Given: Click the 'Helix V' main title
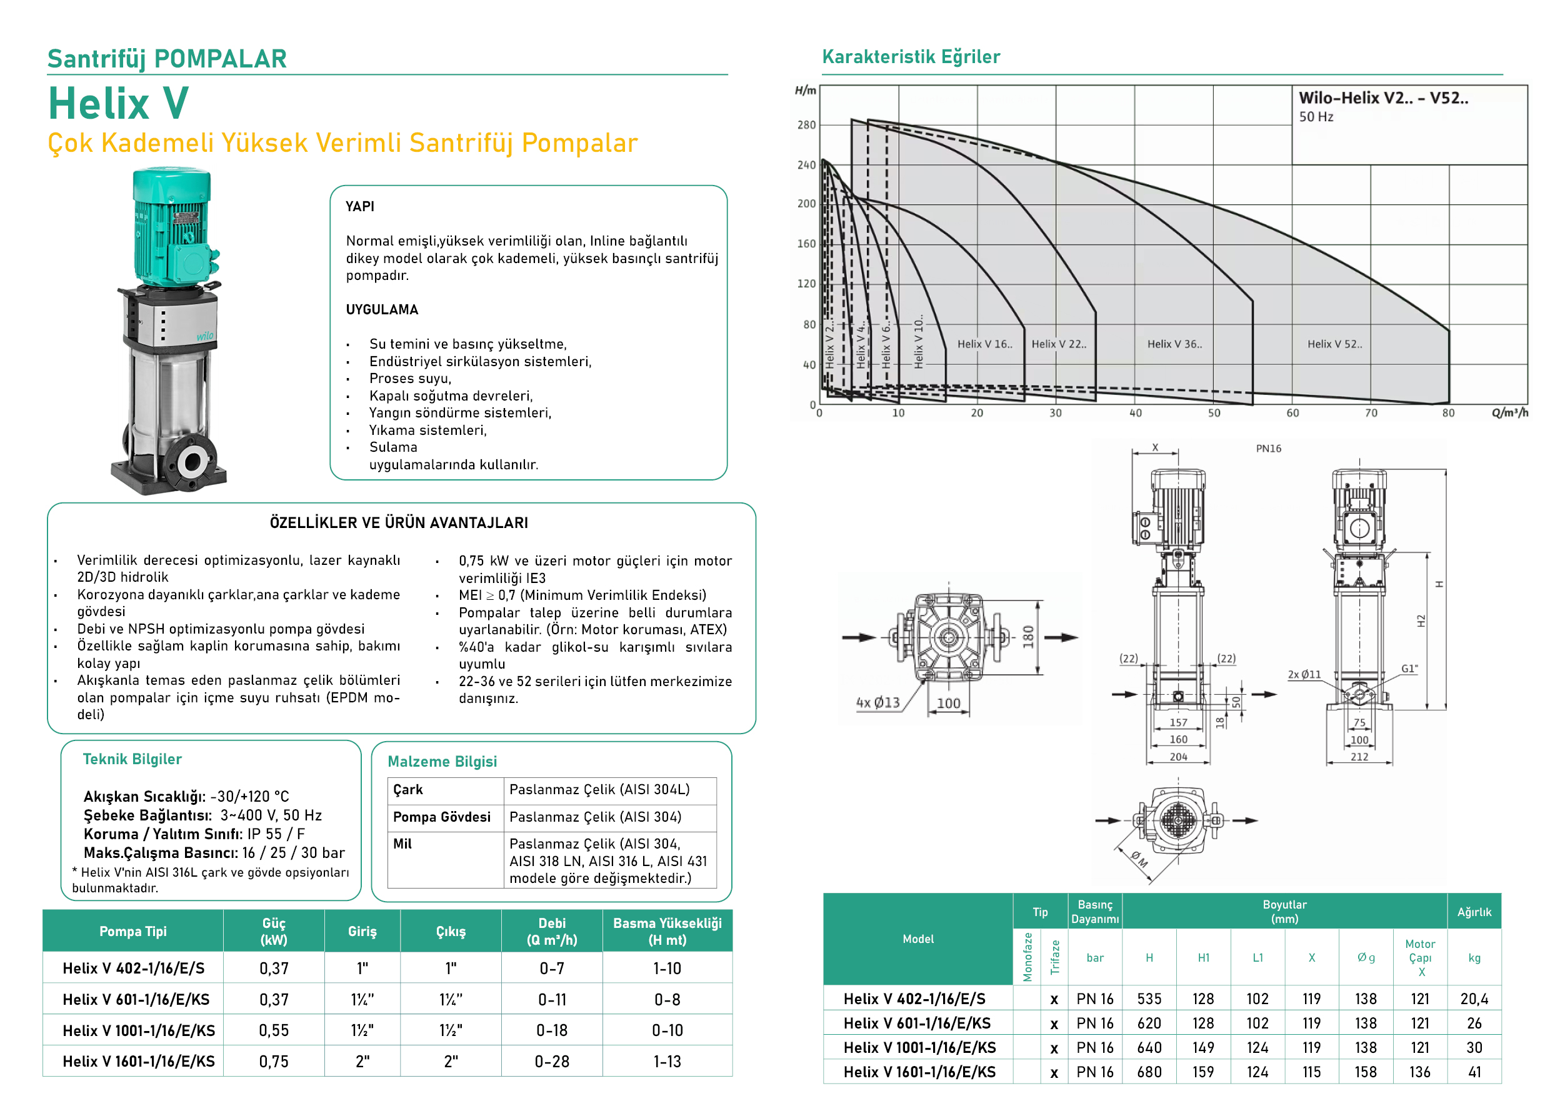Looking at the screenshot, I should click(118, 103).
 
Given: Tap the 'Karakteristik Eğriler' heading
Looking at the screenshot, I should click(910, 57).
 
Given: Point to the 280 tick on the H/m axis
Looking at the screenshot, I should click(806, 125).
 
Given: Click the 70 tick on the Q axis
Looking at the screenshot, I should click(1371, 413).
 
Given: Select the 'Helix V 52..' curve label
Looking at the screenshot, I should click(1334, 344).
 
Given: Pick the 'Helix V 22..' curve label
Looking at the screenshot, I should click(1059, 344).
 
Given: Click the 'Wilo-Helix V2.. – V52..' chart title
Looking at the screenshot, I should click(1382, 98).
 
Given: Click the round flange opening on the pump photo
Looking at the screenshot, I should click(192, 462).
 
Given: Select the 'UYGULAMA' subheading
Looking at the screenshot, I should click(382, 310).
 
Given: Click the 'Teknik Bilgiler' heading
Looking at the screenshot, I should click(132, 759).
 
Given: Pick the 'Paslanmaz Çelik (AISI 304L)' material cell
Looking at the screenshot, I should click(599, 790).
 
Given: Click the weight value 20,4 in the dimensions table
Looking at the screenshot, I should click(1474, 999).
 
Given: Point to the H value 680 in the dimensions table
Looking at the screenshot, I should click(1149, 1072).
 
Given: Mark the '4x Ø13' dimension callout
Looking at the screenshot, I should click(877, 702).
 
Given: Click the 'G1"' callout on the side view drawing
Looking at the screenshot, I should click(1409, 669).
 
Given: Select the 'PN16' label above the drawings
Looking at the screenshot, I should click(1268, 449).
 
